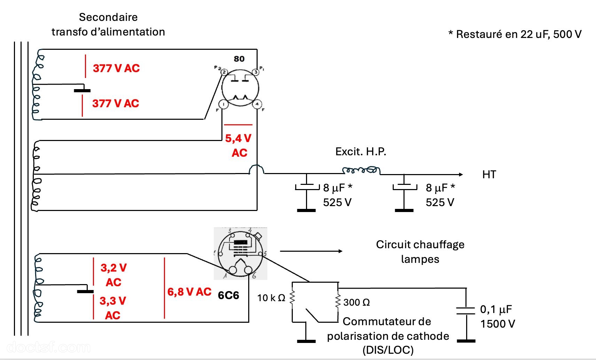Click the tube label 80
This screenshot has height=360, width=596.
click(239, 59)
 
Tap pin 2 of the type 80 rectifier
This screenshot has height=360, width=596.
click(224, 72)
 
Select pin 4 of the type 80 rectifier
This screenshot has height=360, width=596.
click(257, 104)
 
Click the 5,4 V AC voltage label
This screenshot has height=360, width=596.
click(239, 146)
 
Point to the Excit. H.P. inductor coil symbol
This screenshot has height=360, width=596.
click(361, 170)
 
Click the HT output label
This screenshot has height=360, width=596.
click(489, 174)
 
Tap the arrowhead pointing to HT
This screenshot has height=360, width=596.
click(461, 174)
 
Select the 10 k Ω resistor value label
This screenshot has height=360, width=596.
click(271, 298)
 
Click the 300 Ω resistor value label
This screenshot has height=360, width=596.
click(356, 303)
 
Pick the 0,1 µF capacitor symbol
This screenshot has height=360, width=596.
click(466, 311)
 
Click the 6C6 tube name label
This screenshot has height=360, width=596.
click(228, 295)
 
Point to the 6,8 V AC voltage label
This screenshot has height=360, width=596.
click(189, 292)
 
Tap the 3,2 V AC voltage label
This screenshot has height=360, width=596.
click(113, 275)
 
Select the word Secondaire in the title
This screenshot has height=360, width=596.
click(108, 17)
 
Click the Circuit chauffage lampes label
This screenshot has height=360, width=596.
click(420, 252)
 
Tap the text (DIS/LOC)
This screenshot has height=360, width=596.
click(388, 350)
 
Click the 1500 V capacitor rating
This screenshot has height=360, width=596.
click(497, 324)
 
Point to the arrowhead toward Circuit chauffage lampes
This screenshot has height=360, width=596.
click(340, 251)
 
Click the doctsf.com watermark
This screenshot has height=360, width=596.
click(48, 347)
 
